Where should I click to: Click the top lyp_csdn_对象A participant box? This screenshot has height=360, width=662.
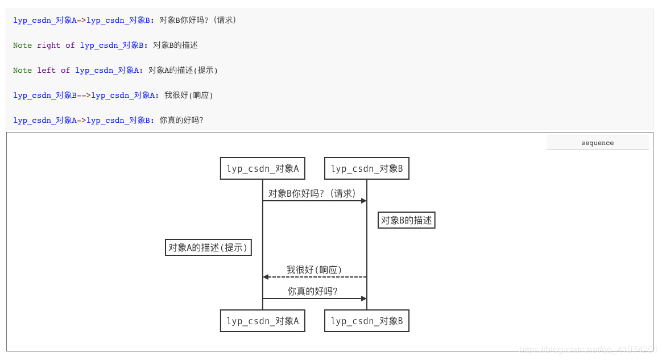[263, 168]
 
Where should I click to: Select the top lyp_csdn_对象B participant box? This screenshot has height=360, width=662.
[367, 168]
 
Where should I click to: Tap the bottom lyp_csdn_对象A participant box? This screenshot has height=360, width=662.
[263, 321]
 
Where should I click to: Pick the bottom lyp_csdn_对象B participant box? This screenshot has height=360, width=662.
[367, 321]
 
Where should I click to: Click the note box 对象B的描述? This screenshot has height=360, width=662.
[407, 220]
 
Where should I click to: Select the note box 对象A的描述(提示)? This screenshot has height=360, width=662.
[209, 247]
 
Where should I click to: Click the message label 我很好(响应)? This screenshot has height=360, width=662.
[314, 270]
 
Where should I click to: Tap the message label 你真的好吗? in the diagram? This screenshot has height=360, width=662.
[312, 291]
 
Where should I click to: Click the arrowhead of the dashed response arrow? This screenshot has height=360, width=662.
[266, 277]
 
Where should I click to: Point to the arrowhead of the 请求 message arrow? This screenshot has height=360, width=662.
[364, 201]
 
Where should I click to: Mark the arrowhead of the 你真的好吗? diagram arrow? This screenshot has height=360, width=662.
[364, 299]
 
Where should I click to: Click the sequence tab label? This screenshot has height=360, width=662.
[597, 143]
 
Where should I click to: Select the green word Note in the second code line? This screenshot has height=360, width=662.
[23, 45]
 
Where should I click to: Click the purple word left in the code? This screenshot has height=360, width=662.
[47, 71]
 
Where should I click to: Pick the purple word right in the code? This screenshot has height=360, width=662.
[49, 45]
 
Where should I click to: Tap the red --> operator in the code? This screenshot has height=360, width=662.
[84, 96]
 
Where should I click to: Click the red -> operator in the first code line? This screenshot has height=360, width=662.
[81, 20]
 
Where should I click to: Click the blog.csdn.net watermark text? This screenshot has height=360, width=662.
[589, 349]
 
